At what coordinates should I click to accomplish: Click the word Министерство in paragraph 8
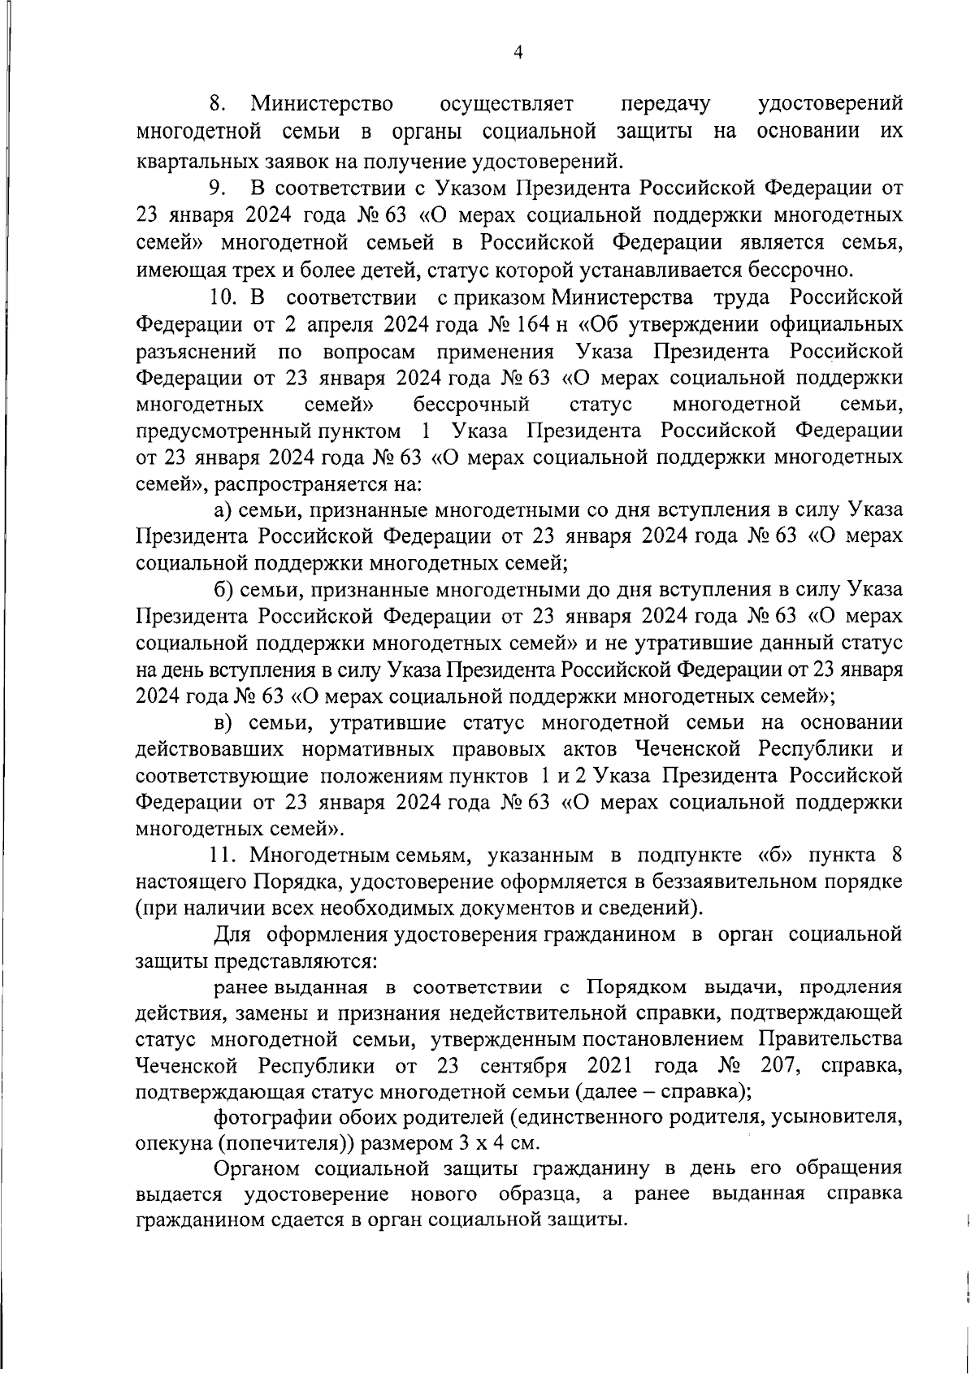[x=322, y=104]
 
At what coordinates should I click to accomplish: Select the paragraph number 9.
[x=217, y=189]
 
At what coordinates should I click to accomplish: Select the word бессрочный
[x=471, y=404]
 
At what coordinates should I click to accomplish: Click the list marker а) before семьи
[x=223, y=510]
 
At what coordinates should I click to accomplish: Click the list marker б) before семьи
[x=224, y=589]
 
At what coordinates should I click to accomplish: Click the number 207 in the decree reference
[x=771, y=1065]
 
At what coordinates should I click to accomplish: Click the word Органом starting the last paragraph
[x=258, y=1169]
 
